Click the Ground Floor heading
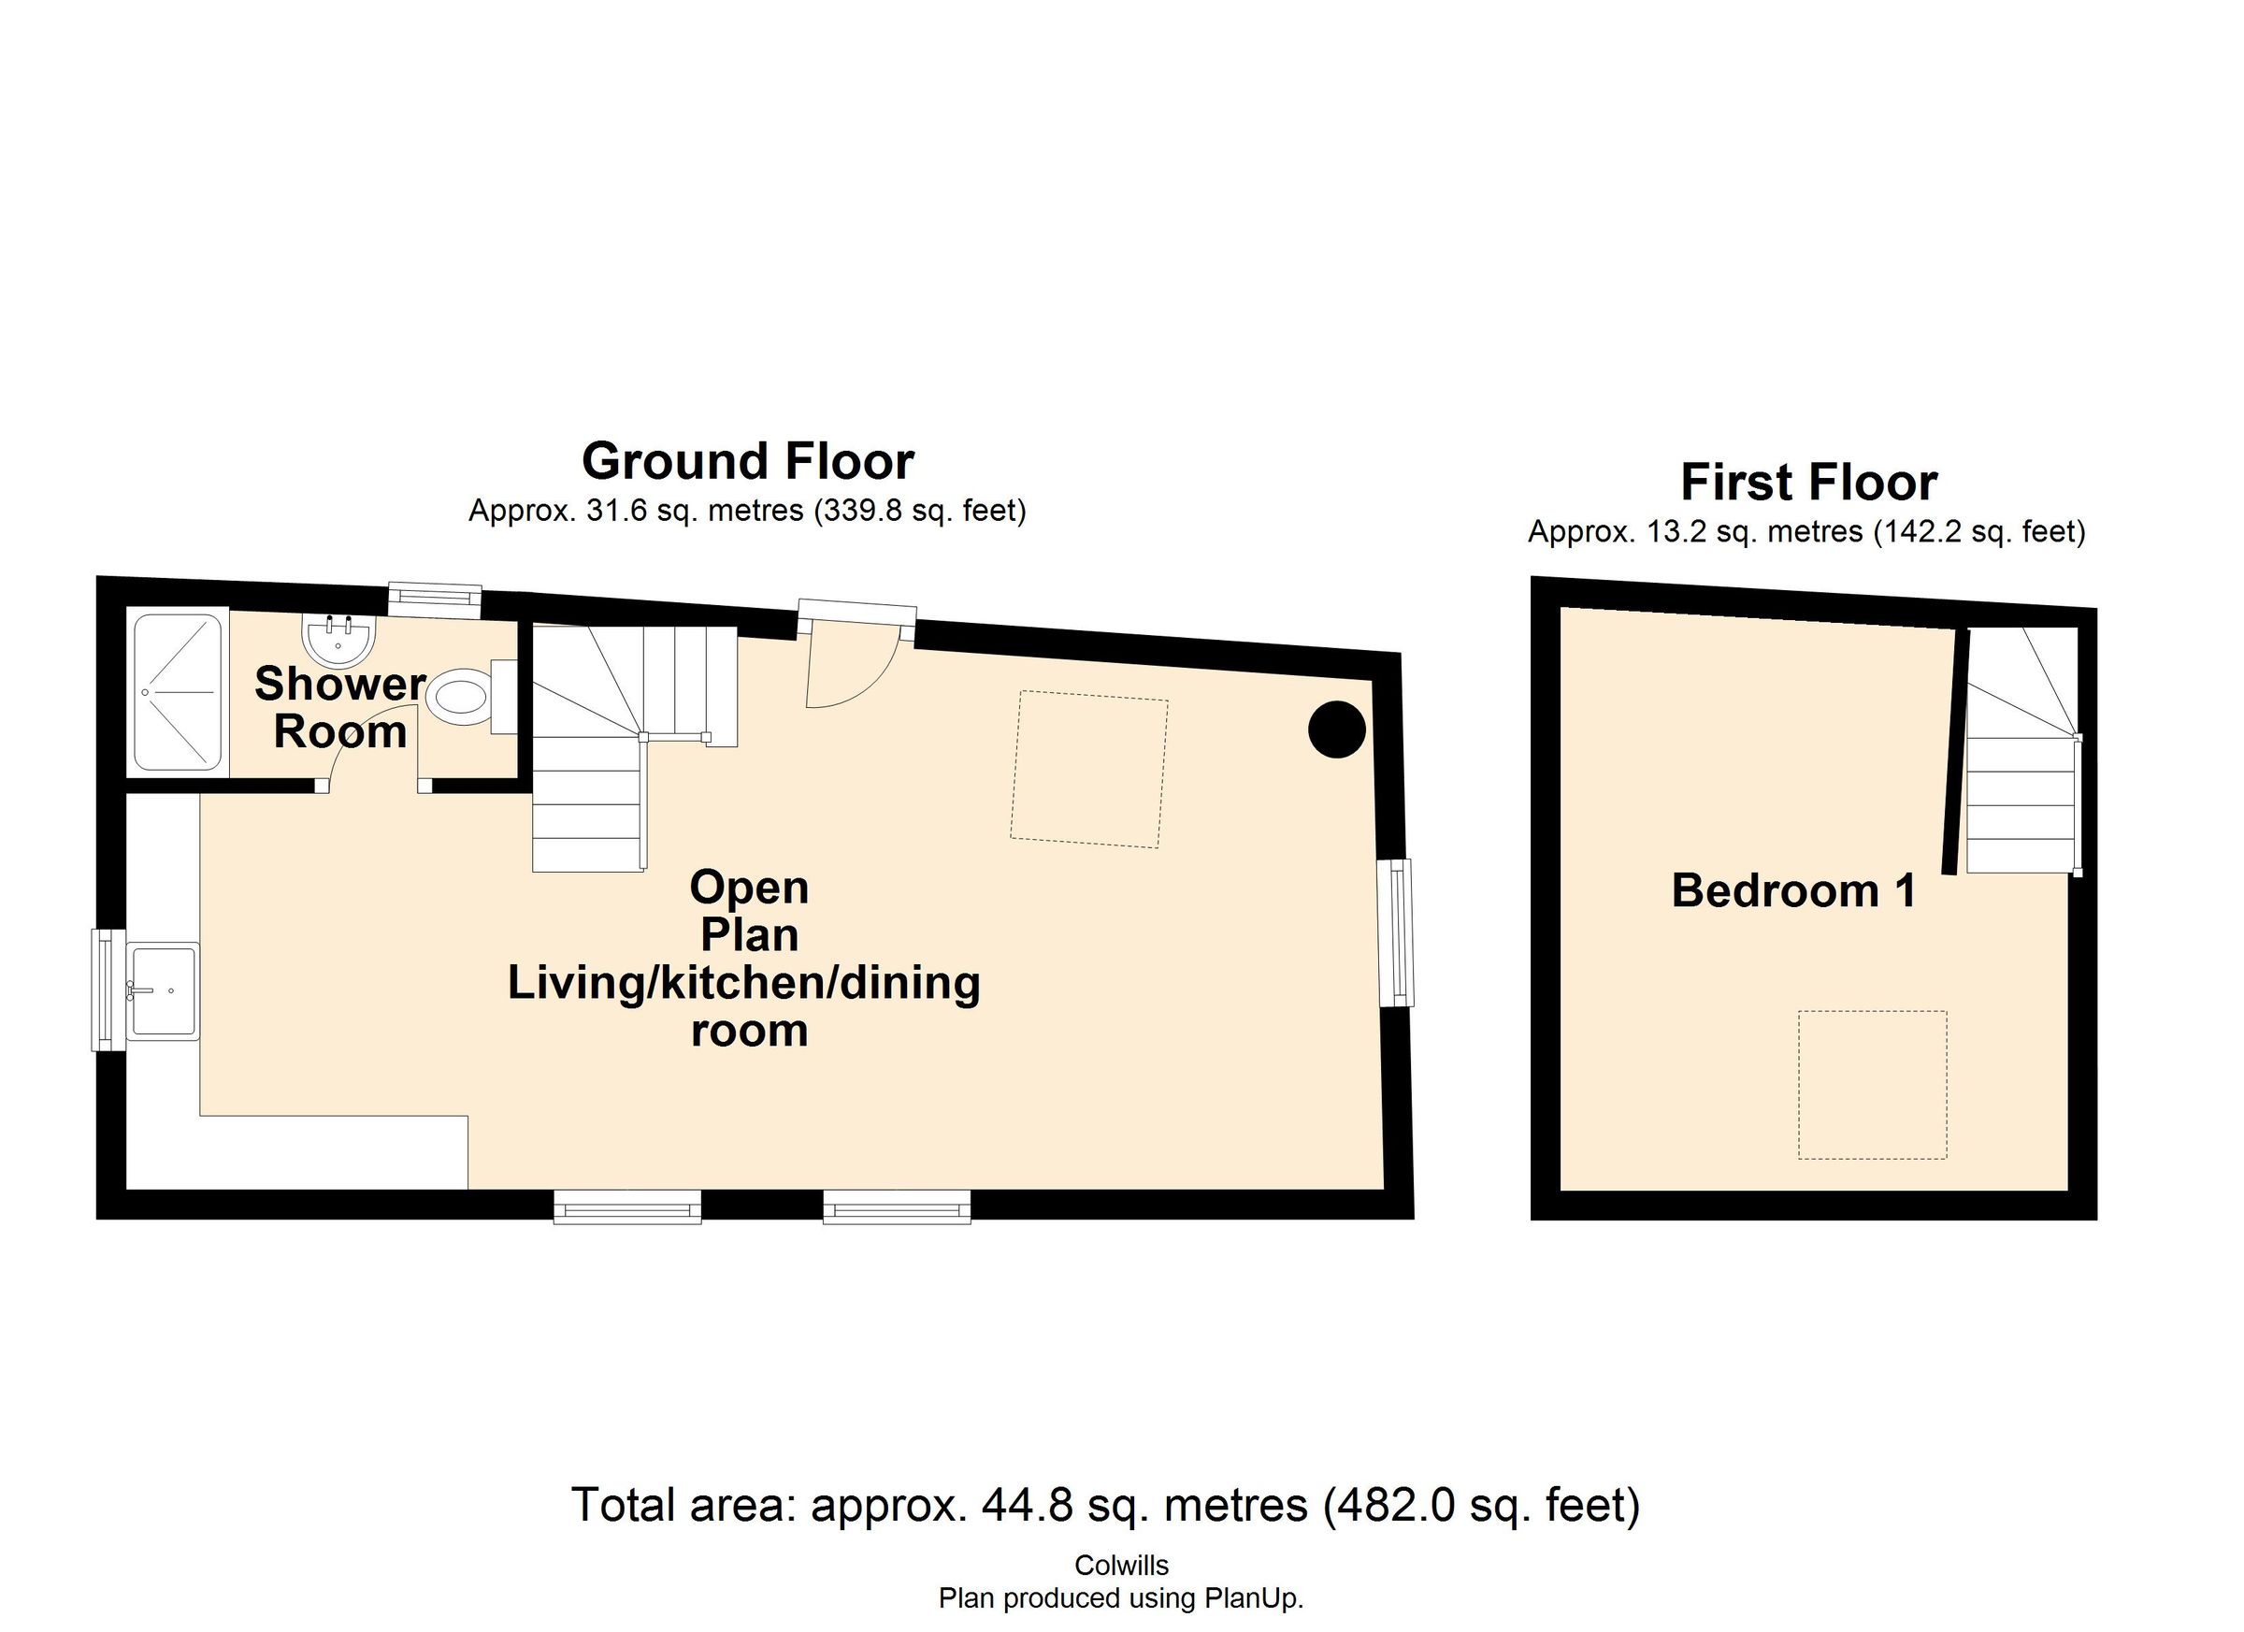(x=748, y=461)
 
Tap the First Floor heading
(x=1808, y=483)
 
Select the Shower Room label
(x=340, y=708)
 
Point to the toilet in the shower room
(x=461, y=699)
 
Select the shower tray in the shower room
(x=178, y=692)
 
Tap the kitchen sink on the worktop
(x=165, y=990)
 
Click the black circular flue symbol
(x=1337, y=729)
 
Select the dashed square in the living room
(x=1088, y=769)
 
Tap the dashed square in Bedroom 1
(x=1872, y=1085)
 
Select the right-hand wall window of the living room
(x=1397, y=932)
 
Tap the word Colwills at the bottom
(x=1121, y=1566)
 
